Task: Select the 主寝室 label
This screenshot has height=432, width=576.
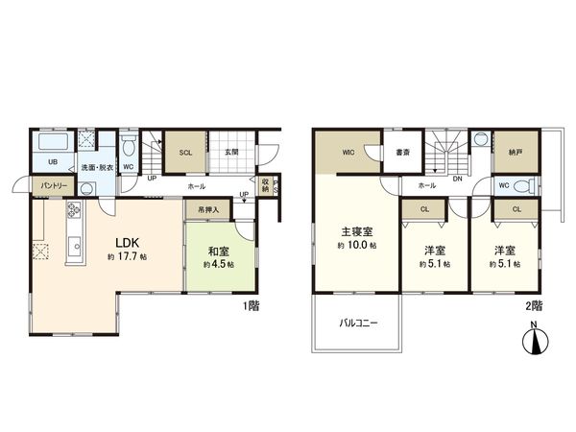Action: point(355,231)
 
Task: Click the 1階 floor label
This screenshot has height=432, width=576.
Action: point(252,306)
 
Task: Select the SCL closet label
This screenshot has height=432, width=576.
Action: point(185,152)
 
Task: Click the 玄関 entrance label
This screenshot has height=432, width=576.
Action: point(232,152)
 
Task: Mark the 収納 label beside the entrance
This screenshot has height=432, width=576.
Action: point(266,184)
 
